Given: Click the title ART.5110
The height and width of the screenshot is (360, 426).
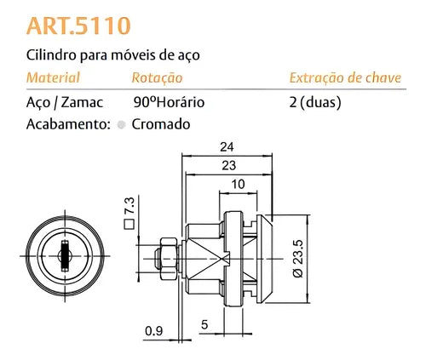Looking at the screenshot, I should [x=79, y=26].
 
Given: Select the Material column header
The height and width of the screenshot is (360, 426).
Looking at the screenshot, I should [x=54, y=78].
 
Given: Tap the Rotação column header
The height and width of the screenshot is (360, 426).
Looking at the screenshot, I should [x=158, y=78].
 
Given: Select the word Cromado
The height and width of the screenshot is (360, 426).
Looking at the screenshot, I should [x=161, y=123].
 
